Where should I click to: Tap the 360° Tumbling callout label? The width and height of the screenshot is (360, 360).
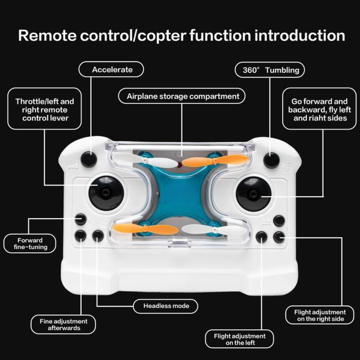270,70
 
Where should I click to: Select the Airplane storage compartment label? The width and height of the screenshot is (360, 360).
182,96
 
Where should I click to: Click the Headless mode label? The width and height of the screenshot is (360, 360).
166,306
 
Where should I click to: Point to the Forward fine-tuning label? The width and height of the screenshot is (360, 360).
30,244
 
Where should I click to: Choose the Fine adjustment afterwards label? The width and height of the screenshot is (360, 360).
63,325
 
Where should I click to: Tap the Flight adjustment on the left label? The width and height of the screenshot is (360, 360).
239,339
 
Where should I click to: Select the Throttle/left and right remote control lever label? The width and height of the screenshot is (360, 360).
44,109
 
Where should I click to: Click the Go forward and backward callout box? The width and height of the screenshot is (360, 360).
319,109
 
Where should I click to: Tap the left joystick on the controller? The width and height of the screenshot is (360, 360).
106,193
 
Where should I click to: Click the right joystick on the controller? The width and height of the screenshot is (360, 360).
253,194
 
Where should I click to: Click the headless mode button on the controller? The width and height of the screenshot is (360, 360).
98,236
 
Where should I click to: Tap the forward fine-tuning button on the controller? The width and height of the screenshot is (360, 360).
80,219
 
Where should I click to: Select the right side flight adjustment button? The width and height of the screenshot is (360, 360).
279,237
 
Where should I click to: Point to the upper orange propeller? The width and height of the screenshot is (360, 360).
215,161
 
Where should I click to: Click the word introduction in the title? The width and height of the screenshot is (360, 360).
299,35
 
